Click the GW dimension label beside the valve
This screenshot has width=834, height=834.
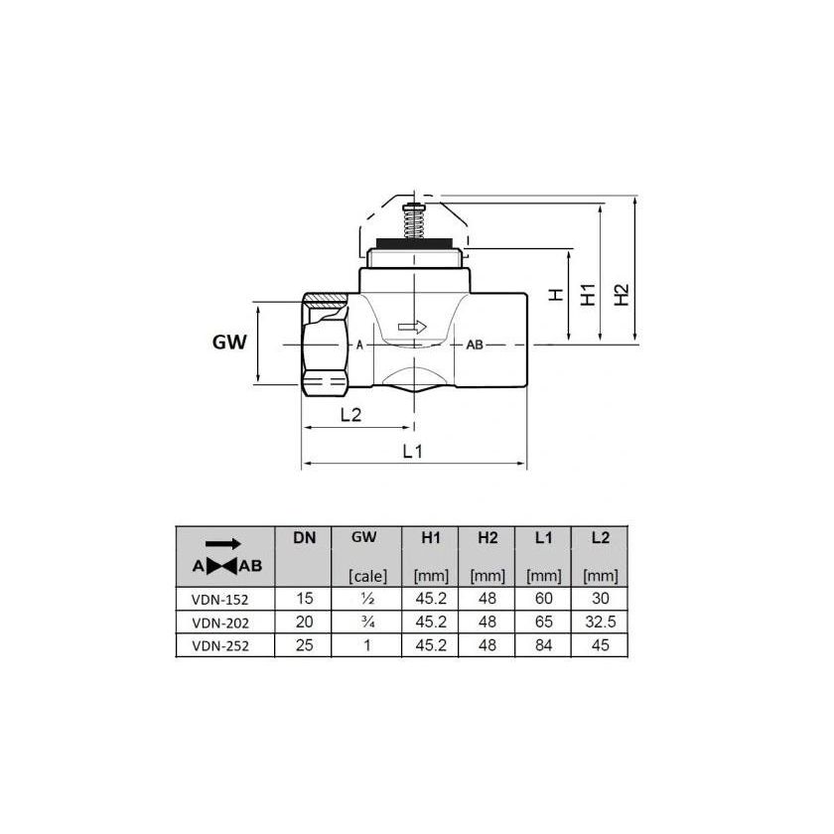pyautogui.click(x=229, y=344)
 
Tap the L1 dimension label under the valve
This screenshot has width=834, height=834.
pyautogui.click(x=414, y=451)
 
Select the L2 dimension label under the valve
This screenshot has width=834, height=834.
pyautogui.click(x=349, y=414)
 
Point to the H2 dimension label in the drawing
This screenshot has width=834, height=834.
pyautogui.click(x=621, y=295)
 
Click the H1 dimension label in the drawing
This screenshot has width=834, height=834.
pyautogui.click(x=589, y=295)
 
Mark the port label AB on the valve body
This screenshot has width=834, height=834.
pyautogui.click(x=474, y=345)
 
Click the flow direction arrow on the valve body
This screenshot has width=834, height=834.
pyautogui.click(x=410, y=326)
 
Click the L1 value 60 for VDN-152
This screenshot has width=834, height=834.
pyautogui.click(x=542, y=600)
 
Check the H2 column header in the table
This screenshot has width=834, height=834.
pyautogui.click(x=486, y=538)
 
